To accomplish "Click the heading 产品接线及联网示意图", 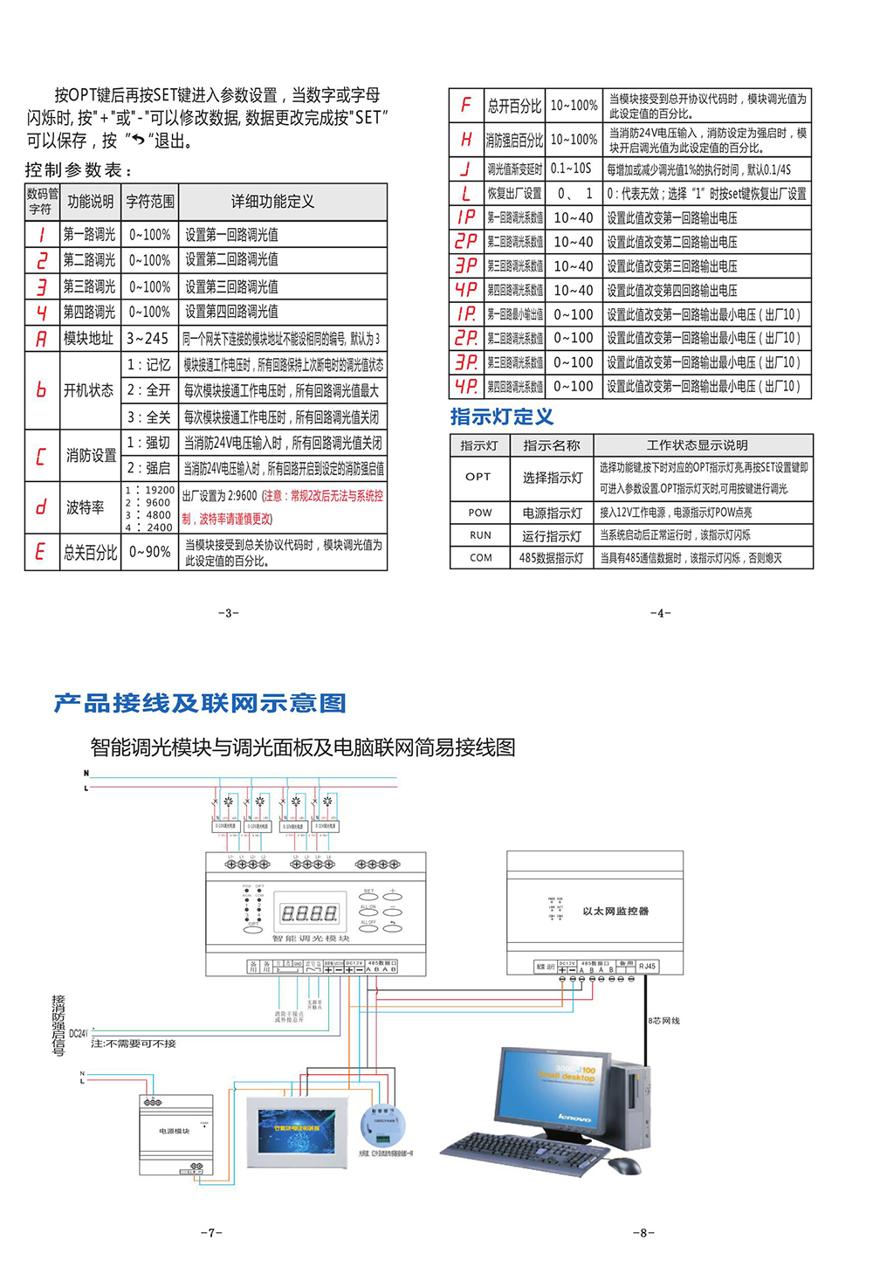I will coord(200,703).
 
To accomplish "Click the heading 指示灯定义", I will coord(502,417).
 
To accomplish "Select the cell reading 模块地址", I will coord(88,338).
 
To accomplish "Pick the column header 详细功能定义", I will coord(272,202).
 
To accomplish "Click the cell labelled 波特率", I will coord(86,506).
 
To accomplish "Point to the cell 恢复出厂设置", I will coord(514,193).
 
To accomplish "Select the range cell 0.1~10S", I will coord(572,169).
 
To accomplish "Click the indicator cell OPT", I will coord(478,477).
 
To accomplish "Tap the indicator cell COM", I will coord(481,557).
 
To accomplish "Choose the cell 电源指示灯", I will coord(552,513).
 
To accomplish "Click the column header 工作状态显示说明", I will coord(697,445).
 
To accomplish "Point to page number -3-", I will coord(228,613).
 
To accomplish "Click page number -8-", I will coord(643,1232).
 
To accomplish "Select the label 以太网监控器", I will coord(615,911).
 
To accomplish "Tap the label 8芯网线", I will coord(664,1020).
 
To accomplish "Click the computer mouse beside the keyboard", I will coord(624,1165).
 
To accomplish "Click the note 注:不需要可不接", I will coord(133,1043).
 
